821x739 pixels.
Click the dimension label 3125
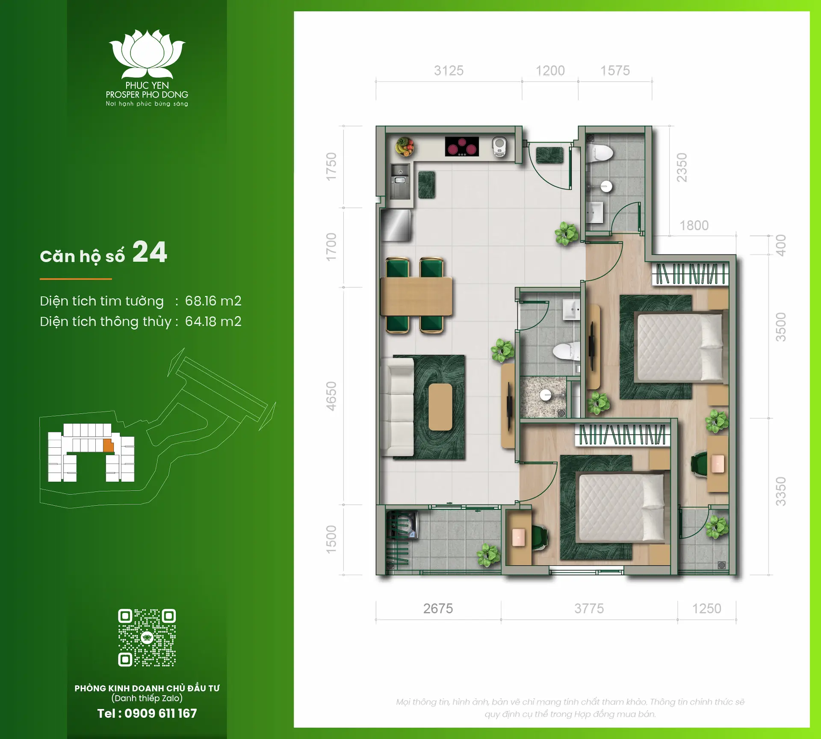click(449, 71)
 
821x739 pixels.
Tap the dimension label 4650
click(331, 396)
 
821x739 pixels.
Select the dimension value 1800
click(694, 225)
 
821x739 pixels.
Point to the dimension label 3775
click(589, 609)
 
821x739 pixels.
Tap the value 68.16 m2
click(213, 301)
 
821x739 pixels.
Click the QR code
click(147, 638)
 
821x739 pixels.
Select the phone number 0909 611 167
click(160, 713)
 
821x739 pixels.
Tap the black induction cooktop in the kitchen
click(462, 146)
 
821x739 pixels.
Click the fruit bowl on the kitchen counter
click(405, 146)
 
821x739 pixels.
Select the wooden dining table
click(416, 296)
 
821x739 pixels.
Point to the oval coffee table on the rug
click(440, 407)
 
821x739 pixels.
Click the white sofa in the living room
click(397, 407)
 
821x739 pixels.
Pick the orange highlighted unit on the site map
click(108, 446)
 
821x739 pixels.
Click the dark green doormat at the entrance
click(549, 155)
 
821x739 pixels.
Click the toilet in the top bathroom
click(601, 153)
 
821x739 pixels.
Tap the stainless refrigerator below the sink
click(396, 225)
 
